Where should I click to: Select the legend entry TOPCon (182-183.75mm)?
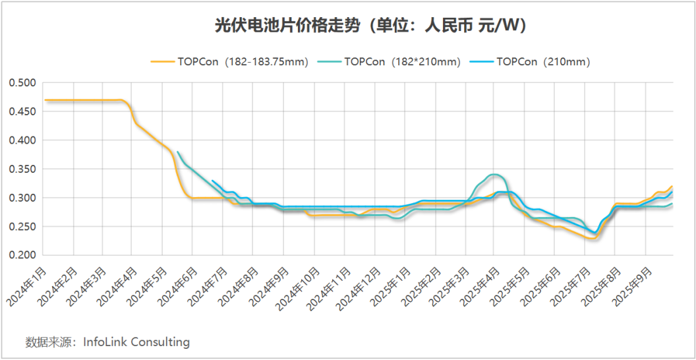click(229, 62)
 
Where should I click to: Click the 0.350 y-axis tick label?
click(22, 169)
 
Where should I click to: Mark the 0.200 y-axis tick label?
click(22, 256)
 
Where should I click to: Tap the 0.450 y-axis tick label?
click(22, 112)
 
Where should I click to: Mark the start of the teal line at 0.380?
click(177, 152)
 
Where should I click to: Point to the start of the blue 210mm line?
click(213, 181)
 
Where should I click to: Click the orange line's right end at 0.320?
click(672, 187)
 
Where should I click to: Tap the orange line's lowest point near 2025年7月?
click(592, 239)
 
